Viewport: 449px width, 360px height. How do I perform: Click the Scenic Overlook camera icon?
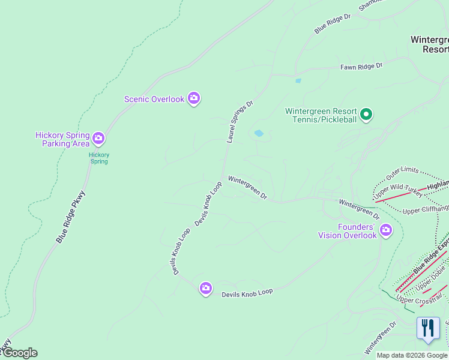coord(193,98)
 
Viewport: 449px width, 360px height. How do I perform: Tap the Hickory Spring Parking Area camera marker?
coord(98,139)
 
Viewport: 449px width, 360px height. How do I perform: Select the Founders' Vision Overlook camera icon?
coord(385,229)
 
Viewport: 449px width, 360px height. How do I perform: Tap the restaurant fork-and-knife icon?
coord(427,328)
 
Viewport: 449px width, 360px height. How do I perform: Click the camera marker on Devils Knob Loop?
coord(206,289)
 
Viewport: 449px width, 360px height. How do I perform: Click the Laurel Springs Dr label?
coord(240,122)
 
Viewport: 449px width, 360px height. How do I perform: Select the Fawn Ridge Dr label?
coord(361,67)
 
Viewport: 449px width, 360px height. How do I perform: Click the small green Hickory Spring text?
coord(99,158)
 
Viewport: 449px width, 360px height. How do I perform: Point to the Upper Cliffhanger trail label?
coord(425,210)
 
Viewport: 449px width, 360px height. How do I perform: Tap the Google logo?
coord(20,353)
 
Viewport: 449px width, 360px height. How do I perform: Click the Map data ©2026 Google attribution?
coord(412,355)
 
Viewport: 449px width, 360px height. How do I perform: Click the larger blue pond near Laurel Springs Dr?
coord(259,133)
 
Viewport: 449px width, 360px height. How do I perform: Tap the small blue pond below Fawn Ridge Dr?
coord(298,80)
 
